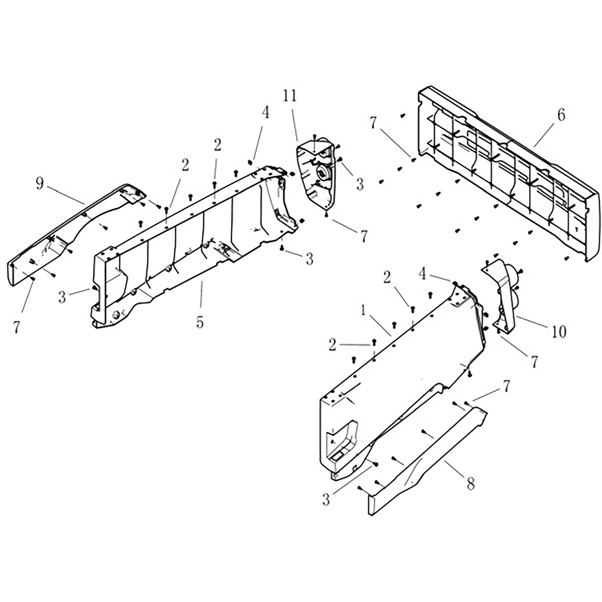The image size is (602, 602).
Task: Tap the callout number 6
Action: tap(560, 116)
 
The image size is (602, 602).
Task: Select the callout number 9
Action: tap(39, 184)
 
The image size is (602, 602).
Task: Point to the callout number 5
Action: tap(200, 322)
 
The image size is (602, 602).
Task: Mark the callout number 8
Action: tap(470, 484)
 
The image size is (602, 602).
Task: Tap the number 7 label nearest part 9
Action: tap(17, 327)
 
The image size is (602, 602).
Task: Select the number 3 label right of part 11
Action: tap(360, 185)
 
